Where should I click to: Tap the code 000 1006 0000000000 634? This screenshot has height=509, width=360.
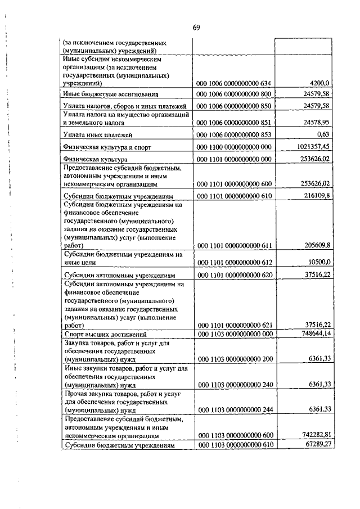[x=233, y=83]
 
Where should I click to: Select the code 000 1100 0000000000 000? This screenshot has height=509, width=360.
[x=233, y=147]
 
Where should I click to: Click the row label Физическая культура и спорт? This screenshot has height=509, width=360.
[x=107, y=147]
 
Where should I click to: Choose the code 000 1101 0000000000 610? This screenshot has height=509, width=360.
[x=233, y=196]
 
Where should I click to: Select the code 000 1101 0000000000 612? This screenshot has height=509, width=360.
[x=233, y=262]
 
